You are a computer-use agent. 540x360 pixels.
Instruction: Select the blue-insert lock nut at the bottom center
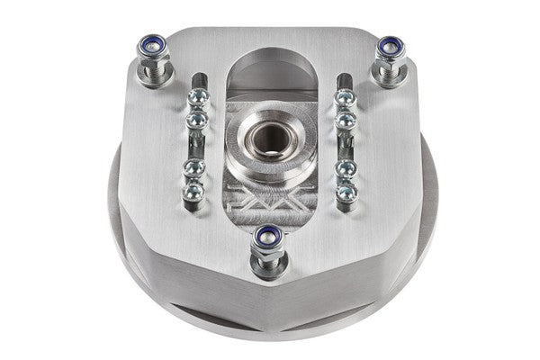267,237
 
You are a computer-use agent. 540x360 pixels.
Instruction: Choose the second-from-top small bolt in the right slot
344,118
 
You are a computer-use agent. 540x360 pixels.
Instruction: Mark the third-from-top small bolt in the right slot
344,168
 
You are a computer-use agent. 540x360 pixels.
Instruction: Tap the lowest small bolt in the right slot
345,192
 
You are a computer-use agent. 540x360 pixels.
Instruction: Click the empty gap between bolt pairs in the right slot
344,143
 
